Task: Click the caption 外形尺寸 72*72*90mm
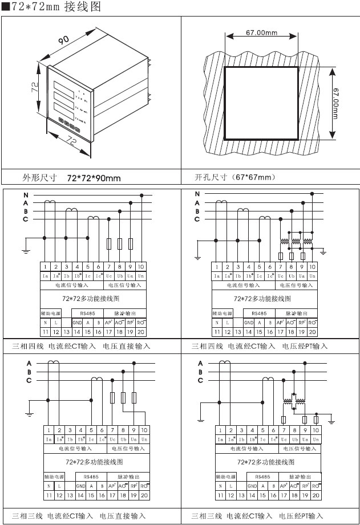click(x=71, y=178)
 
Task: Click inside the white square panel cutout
click(x=261, y=103)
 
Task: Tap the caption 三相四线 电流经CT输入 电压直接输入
click(x=82, y=346)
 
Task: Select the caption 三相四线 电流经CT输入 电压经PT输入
click(x=260, y=346)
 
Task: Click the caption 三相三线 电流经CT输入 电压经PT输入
click(x=260, y=516)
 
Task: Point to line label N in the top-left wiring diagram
click(x=25, y=196)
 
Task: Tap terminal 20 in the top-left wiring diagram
click(x=141, y=331)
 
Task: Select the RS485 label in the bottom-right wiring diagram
click(x=262, y=475)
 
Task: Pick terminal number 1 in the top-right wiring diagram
click(x=217, y=266)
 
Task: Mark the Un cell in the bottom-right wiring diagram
click(x=315, y=439)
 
